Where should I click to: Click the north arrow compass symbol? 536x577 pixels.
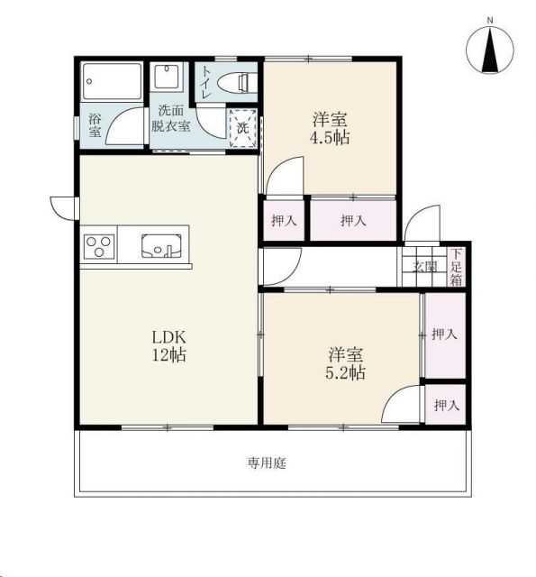coord(489,50)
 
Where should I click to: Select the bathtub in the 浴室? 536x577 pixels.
coord(112,81)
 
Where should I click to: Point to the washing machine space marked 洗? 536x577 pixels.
coord(242,128)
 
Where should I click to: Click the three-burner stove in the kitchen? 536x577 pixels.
coord(98,246)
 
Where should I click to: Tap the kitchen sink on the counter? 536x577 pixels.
coord(162,246)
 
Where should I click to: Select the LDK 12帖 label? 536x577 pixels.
coord(169,346)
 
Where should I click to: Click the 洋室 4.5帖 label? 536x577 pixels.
coord(330,129)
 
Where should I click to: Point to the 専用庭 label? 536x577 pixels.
coord(266,463)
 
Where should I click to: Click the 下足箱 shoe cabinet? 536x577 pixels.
coord(456,267)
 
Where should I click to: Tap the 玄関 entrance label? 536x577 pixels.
coord(424,267)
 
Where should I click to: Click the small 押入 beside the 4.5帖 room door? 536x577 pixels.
coord(284,220)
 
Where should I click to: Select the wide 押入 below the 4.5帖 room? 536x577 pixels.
coord(353,220)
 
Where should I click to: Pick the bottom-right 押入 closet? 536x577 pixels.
coord(446,405)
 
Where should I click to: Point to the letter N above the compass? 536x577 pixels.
coord(490,21)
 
